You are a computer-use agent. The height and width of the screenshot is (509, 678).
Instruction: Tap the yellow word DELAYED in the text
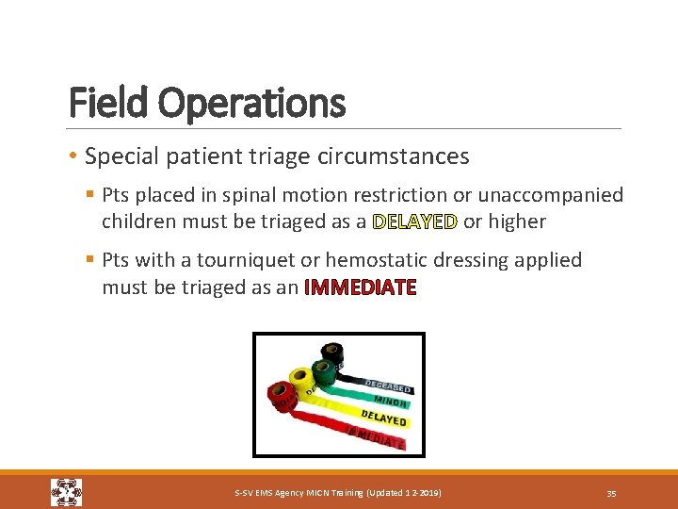coord(414,222)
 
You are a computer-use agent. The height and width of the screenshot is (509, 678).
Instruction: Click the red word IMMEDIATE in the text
coord(360,287)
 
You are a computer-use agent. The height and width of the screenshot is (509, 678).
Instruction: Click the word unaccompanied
coord(551,194)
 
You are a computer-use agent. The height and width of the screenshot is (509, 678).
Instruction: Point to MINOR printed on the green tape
coord(389,402)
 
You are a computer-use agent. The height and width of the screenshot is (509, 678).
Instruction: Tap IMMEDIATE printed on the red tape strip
coord(376,436)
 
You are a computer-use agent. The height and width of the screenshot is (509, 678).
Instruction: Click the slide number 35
coord(611,493)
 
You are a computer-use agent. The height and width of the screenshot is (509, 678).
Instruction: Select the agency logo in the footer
coord(66,492)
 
